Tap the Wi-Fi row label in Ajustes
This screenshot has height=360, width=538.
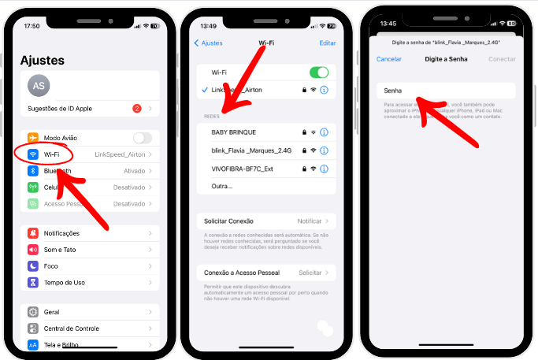52,154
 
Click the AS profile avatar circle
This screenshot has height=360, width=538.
39,86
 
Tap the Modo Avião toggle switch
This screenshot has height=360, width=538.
143,138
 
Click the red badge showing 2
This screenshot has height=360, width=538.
137,108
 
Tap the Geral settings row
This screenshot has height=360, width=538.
53,312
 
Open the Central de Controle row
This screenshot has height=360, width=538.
72,328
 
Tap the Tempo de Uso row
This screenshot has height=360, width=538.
65,282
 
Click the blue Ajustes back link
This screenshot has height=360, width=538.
210,43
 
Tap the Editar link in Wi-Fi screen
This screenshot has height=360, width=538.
327,43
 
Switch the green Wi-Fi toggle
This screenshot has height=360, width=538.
319,72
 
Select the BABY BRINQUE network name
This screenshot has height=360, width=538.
234,132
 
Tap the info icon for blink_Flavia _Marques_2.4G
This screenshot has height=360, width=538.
324,150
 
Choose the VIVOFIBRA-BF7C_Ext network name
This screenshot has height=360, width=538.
243,168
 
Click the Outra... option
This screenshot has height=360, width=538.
222,186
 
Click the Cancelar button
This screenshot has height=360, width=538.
389,59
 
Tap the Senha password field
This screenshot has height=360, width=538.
445,91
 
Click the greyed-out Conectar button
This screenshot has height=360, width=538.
502,59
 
